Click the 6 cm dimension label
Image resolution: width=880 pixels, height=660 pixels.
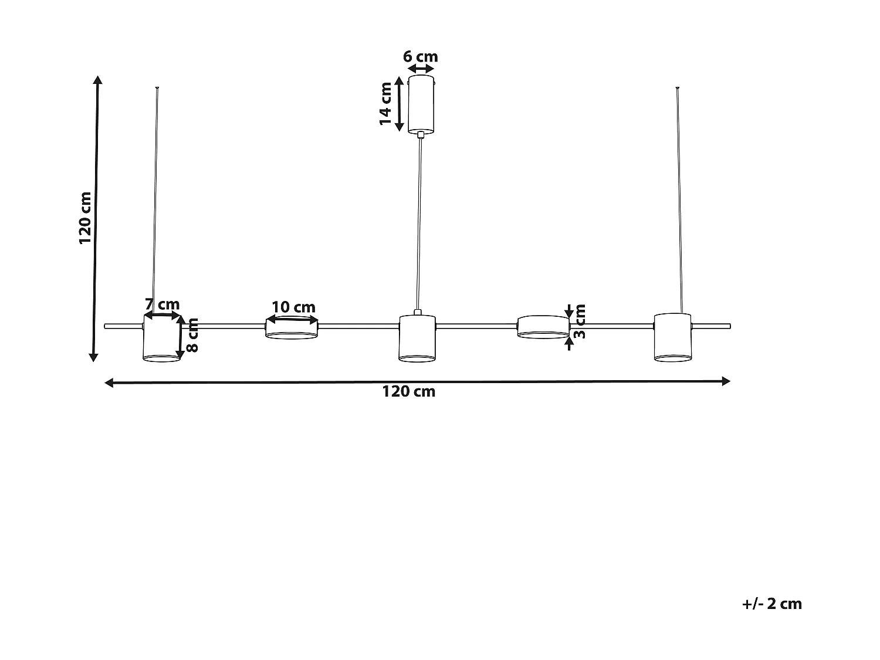[x=421, y=57]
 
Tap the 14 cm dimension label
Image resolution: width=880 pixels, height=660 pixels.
[x=385, y=103]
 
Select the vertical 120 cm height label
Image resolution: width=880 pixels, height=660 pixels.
[x=86, y=218]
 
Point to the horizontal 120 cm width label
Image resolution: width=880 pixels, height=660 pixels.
[x=409, y=392]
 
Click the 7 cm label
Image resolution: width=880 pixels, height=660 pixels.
[x=163, y=304]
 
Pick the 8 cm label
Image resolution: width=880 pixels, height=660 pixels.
[x=192, y=336]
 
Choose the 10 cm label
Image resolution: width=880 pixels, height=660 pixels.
[x=293, y=307]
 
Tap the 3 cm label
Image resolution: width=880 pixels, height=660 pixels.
[x=579, y=321]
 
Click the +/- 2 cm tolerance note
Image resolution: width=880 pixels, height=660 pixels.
[x=771, y=604]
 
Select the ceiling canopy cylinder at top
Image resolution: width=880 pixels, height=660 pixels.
[x=421, y=104]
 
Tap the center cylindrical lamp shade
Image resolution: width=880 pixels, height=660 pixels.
[x=417, y=339]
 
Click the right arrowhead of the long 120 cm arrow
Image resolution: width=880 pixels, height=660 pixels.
[x=726, y=381]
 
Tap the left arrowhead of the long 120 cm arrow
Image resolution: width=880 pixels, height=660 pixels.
[x=109, y=383]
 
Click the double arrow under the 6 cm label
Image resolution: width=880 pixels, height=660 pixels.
[x=421, y=69]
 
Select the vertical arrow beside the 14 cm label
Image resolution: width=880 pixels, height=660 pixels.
[x=400, y=104]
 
